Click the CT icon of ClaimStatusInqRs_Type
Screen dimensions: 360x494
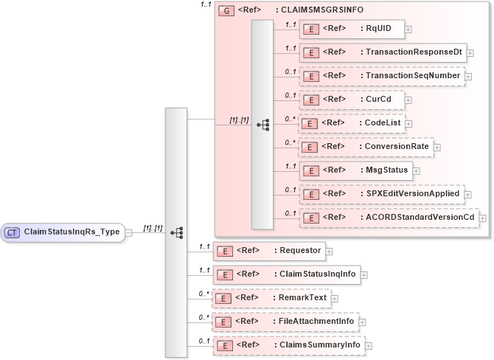[x=13, y=232]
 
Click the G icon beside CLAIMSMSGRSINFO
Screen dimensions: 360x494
[x=226, y=11]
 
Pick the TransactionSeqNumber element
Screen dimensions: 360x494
[x=381, y=76]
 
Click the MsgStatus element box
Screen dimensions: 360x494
[x=356, y=170]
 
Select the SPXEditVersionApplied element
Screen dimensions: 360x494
[x=383, y=194]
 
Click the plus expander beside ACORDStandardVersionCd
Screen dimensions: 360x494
[x=483, y=218]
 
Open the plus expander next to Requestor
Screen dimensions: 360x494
[x=329, y=252]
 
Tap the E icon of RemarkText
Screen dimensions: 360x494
[x=223, y=298]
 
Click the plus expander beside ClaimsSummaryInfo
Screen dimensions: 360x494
[x=369, y=345]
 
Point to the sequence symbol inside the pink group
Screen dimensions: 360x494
[x=262, y=125]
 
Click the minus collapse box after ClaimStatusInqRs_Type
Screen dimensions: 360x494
[x=128, y=232]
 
